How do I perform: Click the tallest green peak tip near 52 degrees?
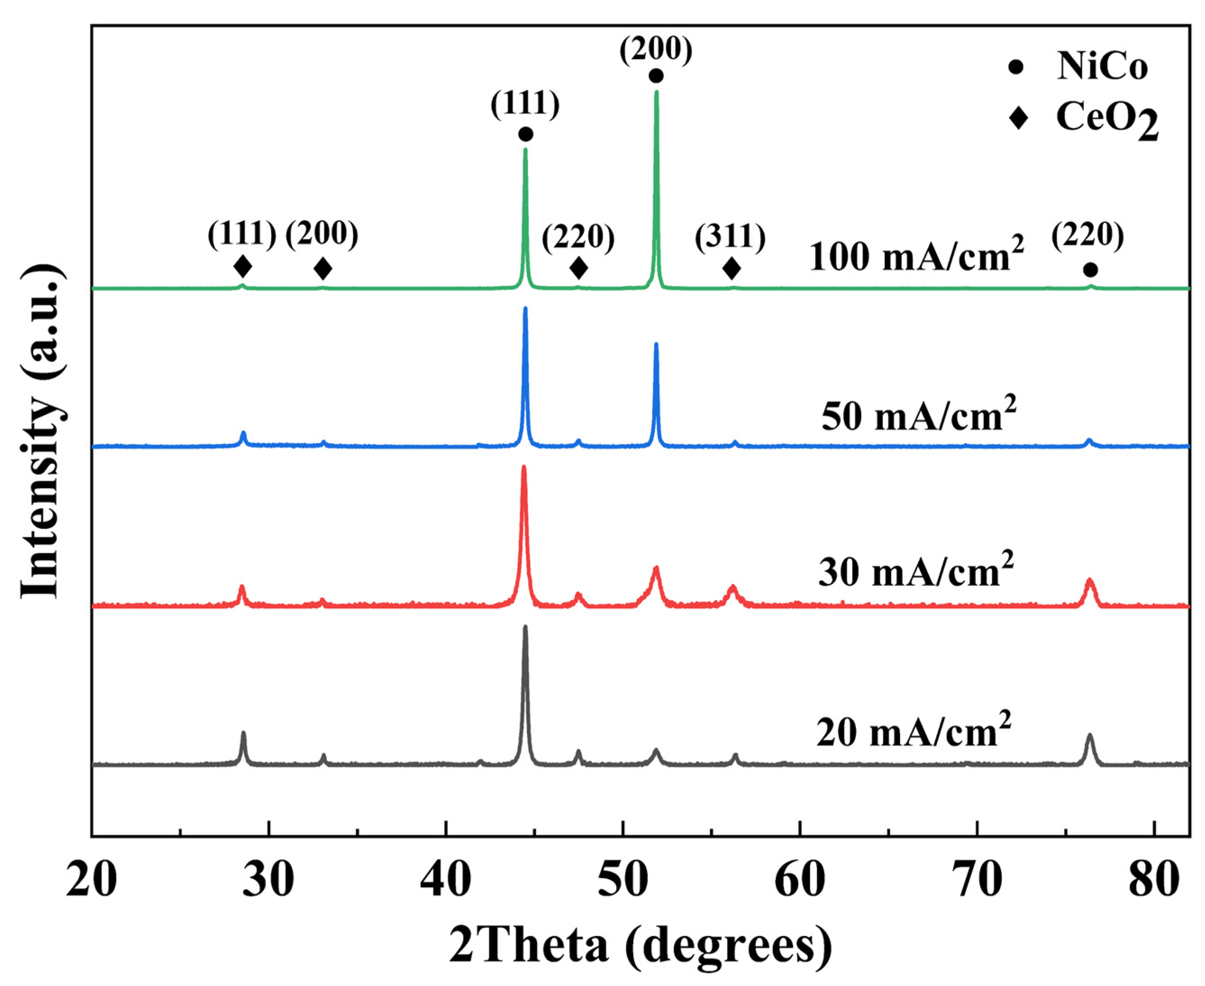[x=656, y=92]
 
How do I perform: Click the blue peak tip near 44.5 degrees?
[x=525, y=308]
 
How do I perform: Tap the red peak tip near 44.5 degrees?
[x=524, y=467]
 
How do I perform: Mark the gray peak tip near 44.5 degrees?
[x=525, y=627]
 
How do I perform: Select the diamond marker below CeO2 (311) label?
[x=732, y=268]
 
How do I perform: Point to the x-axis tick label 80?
[x=1154, y=881]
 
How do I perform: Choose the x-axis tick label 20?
[x=92, y=881]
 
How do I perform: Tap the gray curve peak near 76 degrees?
[x=1089, y=735]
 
